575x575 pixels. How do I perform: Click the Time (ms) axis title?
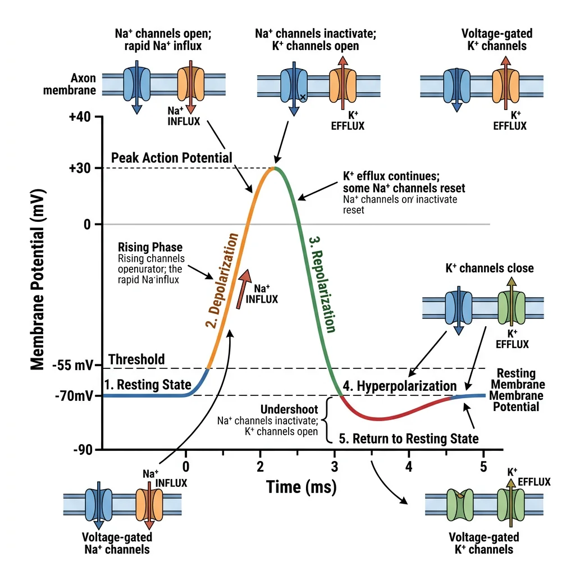click(301, 486)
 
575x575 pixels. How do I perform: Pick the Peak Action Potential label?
click(171, 158)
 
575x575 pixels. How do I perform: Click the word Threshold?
click(136, 359)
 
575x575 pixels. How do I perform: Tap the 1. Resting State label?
click(148, 385)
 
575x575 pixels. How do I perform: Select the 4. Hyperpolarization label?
click(400, 386)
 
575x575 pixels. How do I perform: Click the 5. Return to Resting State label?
click(408, 438)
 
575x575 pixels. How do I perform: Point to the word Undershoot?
click(289, 409)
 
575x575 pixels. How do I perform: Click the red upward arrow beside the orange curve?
click(242, 289)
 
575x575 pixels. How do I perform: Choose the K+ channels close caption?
click(489, 268)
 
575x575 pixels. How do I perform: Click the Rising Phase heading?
click(150, 247)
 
